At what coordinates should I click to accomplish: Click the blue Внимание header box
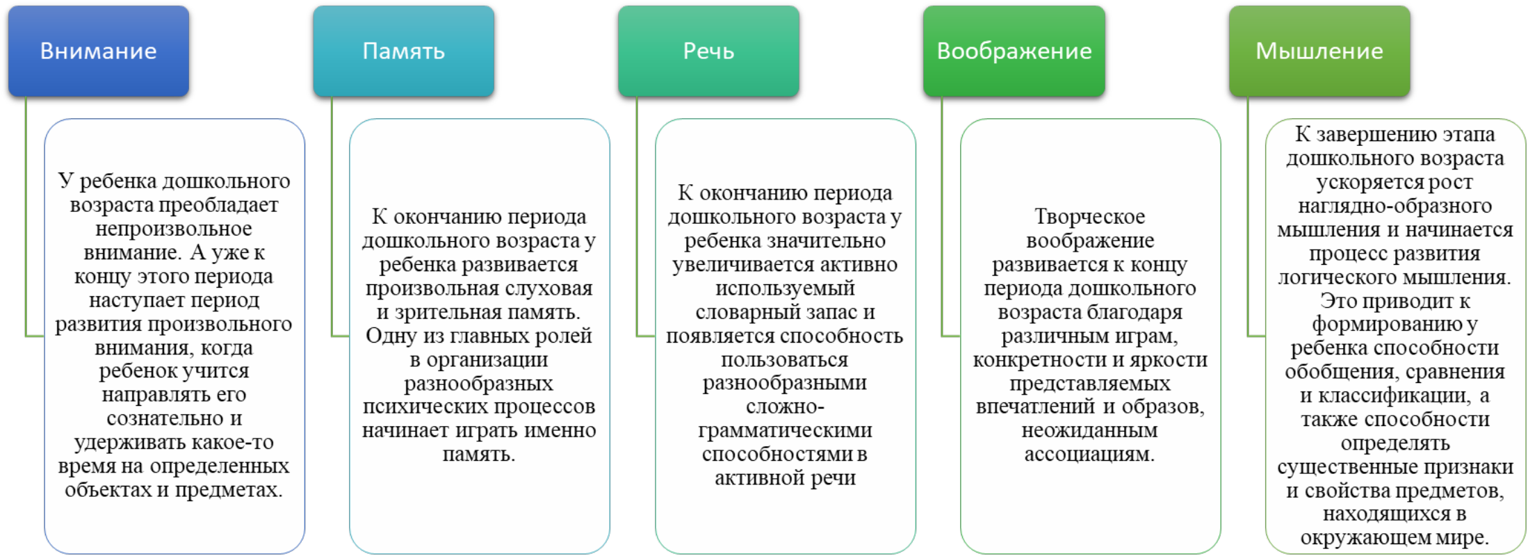(x=99, y=51)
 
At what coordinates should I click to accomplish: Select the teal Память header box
(x=404, y=51)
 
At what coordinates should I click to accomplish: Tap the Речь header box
(x=708, y=51)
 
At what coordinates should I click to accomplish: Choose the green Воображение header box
(x=1014, y=51)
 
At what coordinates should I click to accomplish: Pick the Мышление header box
(x=1319, y=51)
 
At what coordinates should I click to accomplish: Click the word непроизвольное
(x=174, y=229)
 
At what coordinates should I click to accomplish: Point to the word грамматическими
(x=785, y=430)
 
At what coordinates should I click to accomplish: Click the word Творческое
(x=1090, y=216)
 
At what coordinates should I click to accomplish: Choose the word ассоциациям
(x=1089, y=455)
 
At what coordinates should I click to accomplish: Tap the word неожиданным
(x=1089, y=430)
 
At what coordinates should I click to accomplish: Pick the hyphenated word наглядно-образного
(x=1395, y=206)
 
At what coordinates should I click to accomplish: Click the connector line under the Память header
(x=332, y=217)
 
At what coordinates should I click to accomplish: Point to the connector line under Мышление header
(x=1248, y=217)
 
